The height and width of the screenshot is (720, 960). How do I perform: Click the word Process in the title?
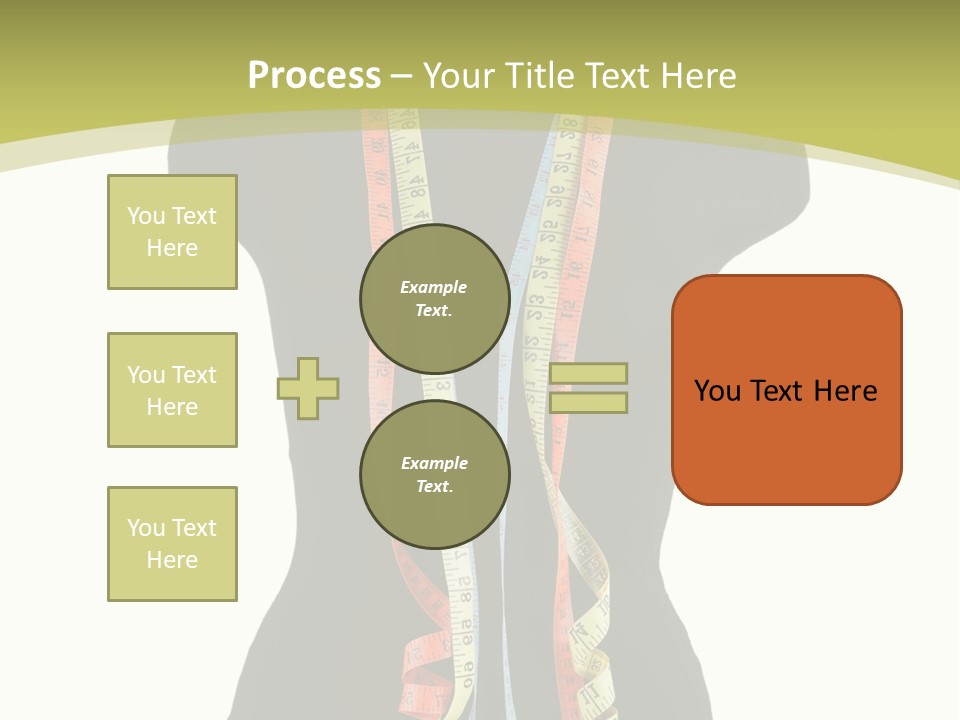click(314, 76)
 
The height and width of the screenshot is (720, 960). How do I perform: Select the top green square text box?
click(172, 232)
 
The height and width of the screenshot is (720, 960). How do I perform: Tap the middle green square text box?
click(172, 390)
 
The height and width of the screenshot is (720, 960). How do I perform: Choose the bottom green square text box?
click(172, 544)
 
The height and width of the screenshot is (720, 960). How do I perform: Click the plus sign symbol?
click(308, 388)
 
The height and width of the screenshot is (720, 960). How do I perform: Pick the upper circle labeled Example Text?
click(434, 298)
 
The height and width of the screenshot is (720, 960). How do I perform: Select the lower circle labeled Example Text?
click(434, 474)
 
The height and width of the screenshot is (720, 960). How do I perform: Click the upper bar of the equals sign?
click(588, 373)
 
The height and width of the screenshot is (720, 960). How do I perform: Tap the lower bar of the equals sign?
click(588, 402)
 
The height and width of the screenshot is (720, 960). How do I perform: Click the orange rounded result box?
click(786, 390)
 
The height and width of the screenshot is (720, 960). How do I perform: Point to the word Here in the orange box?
click(845, 391)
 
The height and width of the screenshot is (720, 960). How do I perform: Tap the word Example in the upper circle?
click(433, 287)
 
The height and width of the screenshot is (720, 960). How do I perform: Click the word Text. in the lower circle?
click(434, 486)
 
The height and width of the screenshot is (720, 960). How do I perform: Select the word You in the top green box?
click(146, 216)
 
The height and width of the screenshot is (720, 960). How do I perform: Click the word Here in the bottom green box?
click(172, 560)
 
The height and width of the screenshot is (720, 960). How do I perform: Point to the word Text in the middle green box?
click(194, 375)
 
